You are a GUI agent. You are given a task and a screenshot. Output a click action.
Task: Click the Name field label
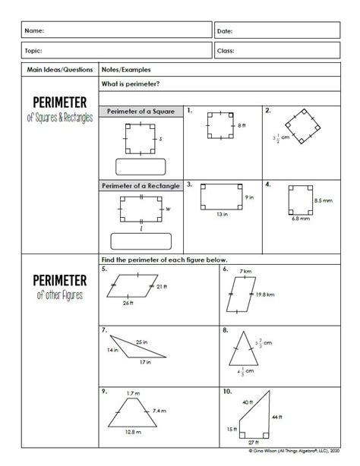pos(34,31)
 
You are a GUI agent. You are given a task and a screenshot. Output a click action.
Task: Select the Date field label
pos(225,31)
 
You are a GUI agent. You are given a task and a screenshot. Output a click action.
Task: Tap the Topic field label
pos(34,51)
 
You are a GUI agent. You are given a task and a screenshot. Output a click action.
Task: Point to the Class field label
pos(226,51)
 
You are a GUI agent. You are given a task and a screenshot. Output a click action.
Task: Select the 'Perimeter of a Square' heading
pos(141,112)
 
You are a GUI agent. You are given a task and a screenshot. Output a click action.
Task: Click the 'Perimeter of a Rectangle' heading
pos(141,184)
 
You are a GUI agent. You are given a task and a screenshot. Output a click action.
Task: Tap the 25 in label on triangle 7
pos(141,342)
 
